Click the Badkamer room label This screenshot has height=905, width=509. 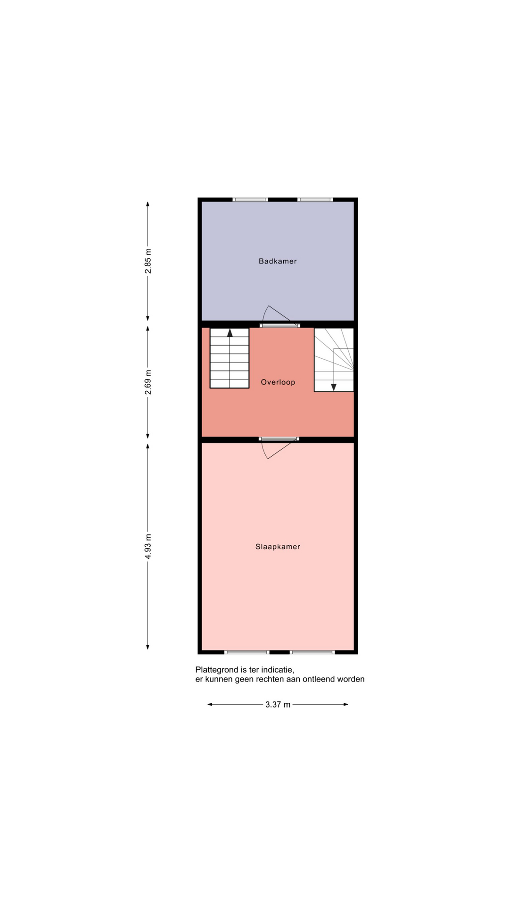pos(278,261)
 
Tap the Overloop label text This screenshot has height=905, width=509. pos(278,382)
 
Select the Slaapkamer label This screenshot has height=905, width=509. pos(278,547)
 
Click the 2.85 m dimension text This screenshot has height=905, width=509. pos(148,261)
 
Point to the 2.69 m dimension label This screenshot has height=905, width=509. pos(148,382)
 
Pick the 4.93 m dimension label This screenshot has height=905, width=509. pos(148,547)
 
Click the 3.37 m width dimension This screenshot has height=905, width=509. pos(278,705)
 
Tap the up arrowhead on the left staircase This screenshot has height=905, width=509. pos(230,333)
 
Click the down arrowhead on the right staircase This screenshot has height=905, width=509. pos(334,387)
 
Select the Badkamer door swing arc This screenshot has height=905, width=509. pos(265,313)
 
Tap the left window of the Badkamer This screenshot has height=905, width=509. pos(250,199)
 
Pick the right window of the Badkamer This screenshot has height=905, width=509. pos(315,199)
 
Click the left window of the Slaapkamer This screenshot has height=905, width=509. pos(246,652)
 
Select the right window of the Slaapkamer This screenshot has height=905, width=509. pos(312,652)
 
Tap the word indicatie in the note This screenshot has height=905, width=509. pos(278,670)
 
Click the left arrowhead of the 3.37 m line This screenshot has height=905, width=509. pos(210,705)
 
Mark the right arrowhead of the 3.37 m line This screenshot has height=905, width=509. pos(345,705)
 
